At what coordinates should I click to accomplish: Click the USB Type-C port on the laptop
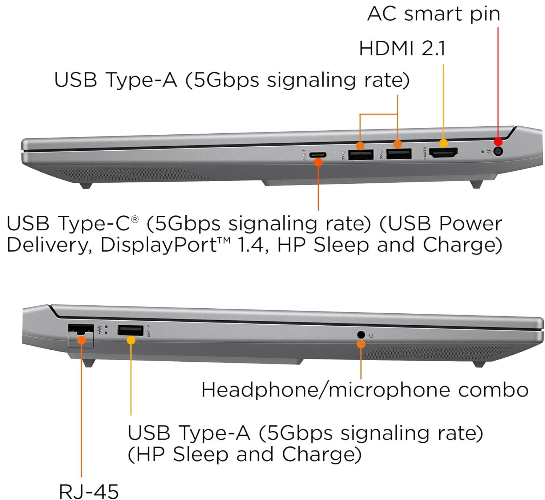pos(318,155)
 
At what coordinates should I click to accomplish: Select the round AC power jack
pos(498,151)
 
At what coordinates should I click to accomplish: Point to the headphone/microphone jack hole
pos(361,334)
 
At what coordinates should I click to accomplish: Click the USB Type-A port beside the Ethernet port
pos(130,330)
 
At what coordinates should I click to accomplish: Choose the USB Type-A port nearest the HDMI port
pos(399,154)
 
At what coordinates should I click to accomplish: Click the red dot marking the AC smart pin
pos(498,142)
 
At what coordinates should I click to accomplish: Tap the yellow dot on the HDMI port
pos(443,143)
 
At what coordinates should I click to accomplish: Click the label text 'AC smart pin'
pos(433,14)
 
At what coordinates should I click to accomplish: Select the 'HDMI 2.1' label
pos(402,48)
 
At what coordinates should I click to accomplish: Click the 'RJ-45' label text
pos(89,491)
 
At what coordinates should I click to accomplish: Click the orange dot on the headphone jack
pos(361,344)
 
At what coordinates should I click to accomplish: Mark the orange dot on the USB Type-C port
pos(318,162)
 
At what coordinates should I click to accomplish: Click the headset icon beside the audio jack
pos(371,335)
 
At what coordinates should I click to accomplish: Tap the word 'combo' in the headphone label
pos(493,390)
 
